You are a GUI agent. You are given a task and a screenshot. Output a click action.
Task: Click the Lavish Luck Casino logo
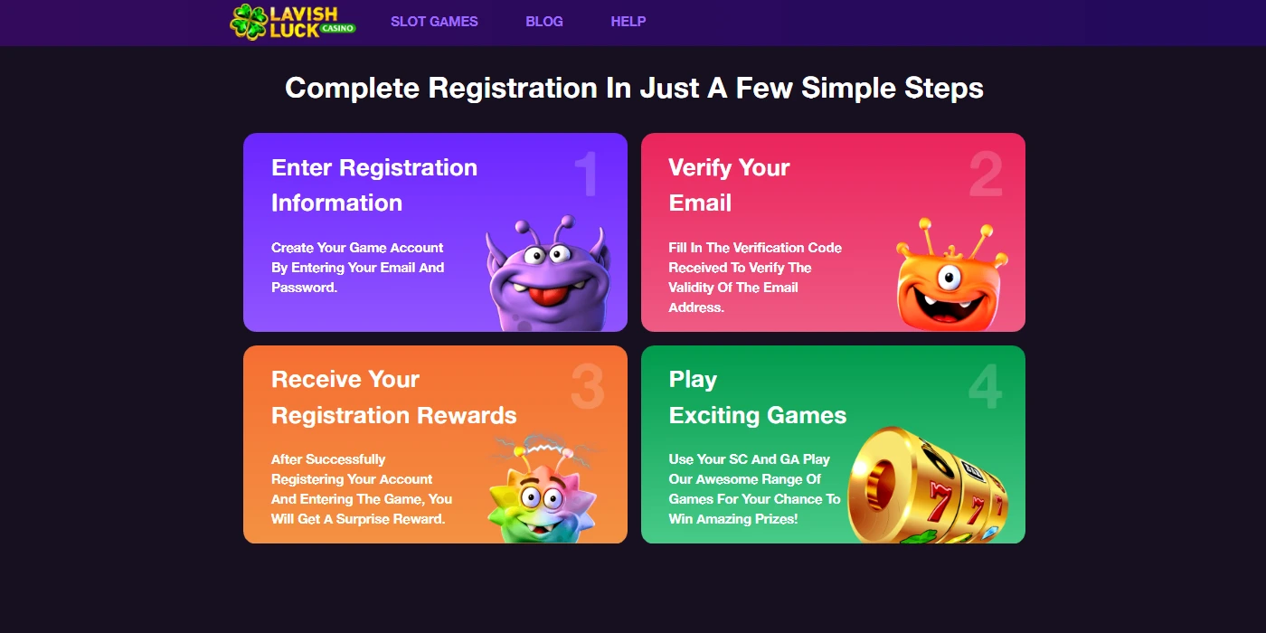click(x=292, y=22)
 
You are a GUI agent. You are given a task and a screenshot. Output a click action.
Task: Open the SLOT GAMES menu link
click(x=434, y=22)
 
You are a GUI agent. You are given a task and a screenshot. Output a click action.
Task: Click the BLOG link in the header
click(x=544, y=22)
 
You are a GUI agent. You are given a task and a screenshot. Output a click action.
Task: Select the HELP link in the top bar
click(x=628, y=22)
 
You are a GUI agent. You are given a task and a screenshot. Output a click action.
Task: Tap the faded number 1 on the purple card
click(x=587, y=175)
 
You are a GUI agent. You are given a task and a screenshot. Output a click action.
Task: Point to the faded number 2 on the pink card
click(x=985, y=175)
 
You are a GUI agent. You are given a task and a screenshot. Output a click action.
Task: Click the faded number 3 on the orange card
click(x=587, y=387)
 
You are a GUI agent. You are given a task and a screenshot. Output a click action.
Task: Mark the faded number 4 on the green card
click(x=985, y=387)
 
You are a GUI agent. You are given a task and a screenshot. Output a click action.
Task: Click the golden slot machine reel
click(x=927, y=488)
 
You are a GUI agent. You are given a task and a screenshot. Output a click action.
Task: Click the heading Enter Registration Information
click(x=374, y=185)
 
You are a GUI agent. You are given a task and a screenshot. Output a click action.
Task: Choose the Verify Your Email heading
click(x=729, y=185)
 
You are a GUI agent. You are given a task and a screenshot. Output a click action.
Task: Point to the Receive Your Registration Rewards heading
click(x=393, y=397)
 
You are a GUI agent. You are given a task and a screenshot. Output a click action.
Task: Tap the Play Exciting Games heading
click(x=757, y=397)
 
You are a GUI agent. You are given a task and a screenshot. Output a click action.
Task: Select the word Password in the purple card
click(x=303, y=288)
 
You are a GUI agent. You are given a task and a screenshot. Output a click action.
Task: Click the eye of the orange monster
click(x=949, y=277)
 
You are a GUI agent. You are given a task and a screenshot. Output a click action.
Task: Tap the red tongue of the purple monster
click(x=546, y=297)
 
